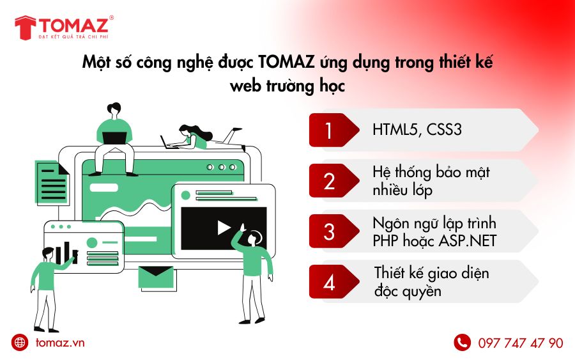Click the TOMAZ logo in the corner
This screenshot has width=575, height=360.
click(x=64, y=27)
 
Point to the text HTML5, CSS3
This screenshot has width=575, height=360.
click(x=417, y=130)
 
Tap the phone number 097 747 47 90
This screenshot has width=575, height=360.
click(x=520, y=343)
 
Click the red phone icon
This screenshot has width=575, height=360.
click(x=462, y=342)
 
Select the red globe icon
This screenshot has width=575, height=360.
click(x=20, y=342)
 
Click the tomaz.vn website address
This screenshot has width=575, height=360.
click(x=60, y=342)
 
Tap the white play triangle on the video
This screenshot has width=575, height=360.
click(x=224, y=228)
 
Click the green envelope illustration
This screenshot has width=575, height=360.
click(x=156, y=277)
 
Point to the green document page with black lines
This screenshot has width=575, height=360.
click(x=51, y=182)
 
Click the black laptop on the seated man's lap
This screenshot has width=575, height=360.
click(x=114, y=138)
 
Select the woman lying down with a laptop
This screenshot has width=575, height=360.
click(x=202, y=137)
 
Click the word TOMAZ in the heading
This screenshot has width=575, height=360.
click(x=286, y=61)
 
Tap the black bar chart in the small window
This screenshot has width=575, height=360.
click(x=66, y=253)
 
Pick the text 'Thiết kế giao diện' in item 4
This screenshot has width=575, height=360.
click(x=432, y=274)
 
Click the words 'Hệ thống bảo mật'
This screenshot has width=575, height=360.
click(x=431, y=172)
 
